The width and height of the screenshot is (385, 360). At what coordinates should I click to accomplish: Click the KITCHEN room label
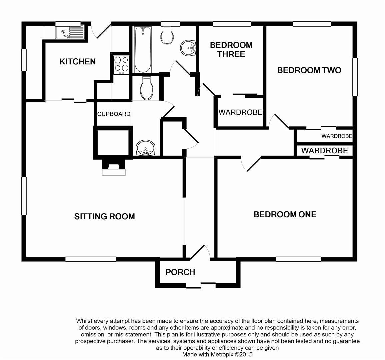click(x=78, y=61)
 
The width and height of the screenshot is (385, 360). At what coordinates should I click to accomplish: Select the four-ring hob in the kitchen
click(x=121, y=65)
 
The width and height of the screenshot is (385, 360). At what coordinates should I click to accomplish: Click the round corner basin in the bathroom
click(x=188, y=48)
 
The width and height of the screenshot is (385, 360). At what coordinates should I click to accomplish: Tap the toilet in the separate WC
click(x=147, y=88)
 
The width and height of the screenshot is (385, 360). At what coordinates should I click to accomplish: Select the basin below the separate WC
click(x=145, y=148)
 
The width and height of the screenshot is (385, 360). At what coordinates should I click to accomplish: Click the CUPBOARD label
click(x=114, y=114)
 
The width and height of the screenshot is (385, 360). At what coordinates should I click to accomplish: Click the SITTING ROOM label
click(x=104, y=216)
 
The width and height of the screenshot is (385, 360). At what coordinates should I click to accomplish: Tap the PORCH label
click(x=180, y=272)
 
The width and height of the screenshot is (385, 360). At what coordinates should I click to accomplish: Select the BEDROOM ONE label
click(x=285, y=214)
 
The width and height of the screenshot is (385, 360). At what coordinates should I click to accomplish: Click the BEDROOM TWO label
click(x=309, y=70)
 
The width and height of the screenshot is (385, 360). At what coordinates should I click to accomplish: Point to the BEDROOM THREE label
click(x=231, y=50)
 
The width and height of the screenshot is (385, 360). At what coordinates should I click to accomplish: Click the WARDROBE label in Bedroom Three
click(x=240, y=112)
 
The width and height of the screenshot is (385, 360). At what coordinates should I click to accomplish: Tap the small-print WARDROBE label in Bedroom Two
click(x=337, y=136)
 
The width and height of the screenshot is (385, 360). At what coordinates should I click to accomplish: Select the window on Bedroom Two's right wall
click(x=355, y=77)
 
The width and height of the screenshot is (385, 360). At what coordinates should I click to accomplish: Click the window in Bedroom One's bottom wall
click(x=298, y=259)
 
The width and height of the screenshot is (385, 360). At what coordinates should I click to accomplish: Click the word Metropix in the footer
click(x=221, y=354)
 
